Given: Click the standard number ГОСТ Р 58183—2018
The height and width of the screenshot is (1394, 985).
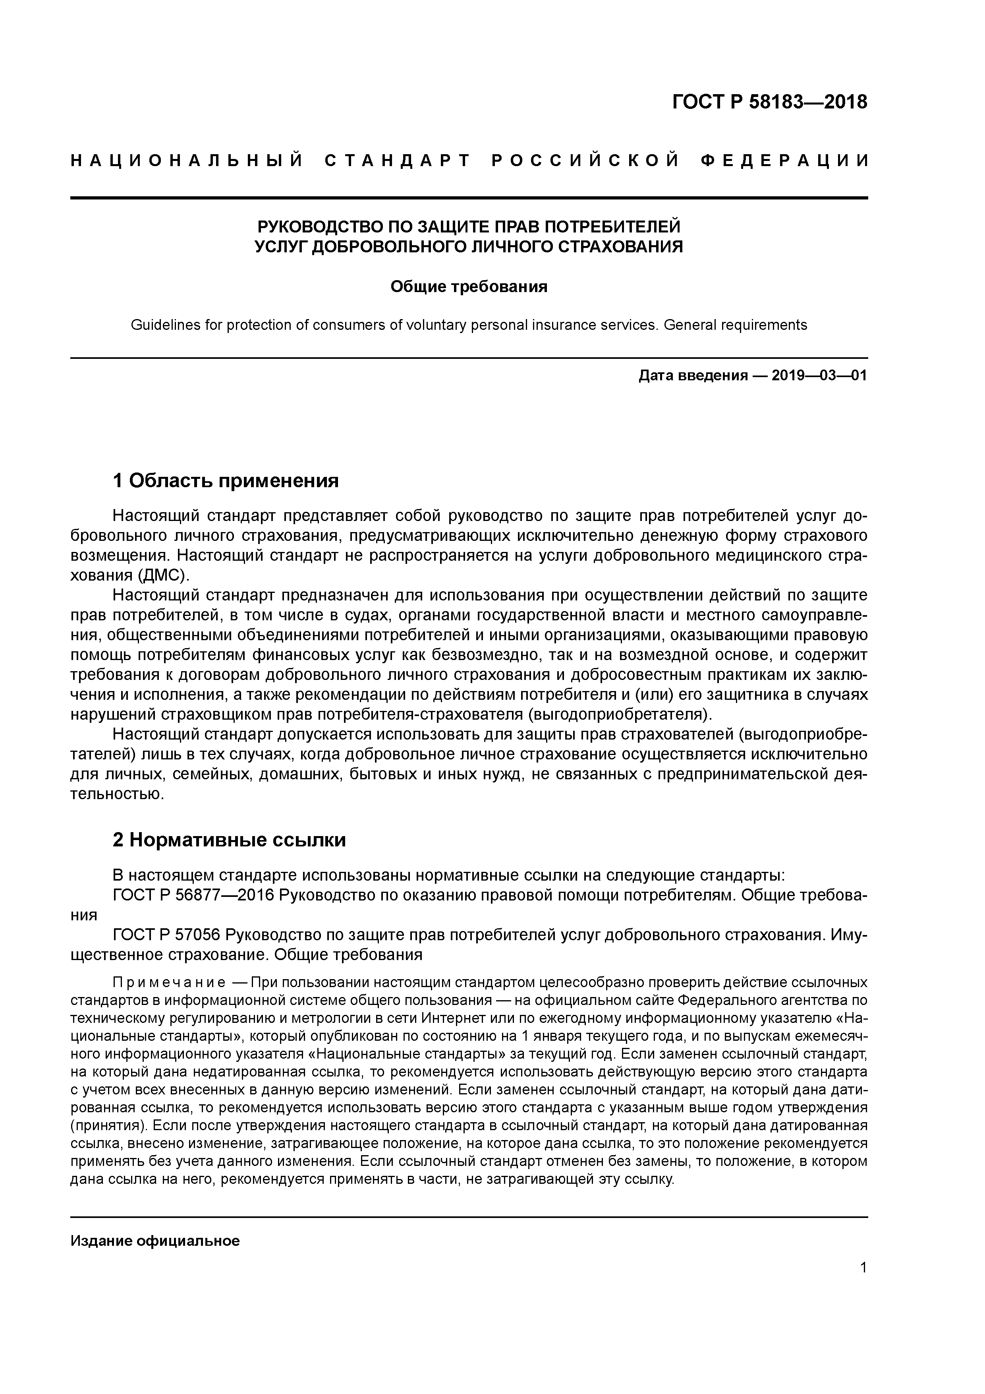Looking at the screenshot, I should coord(770,102).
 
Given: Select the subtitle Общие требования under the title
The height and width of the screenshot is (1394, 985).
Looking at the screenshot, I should coord(469,287).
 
